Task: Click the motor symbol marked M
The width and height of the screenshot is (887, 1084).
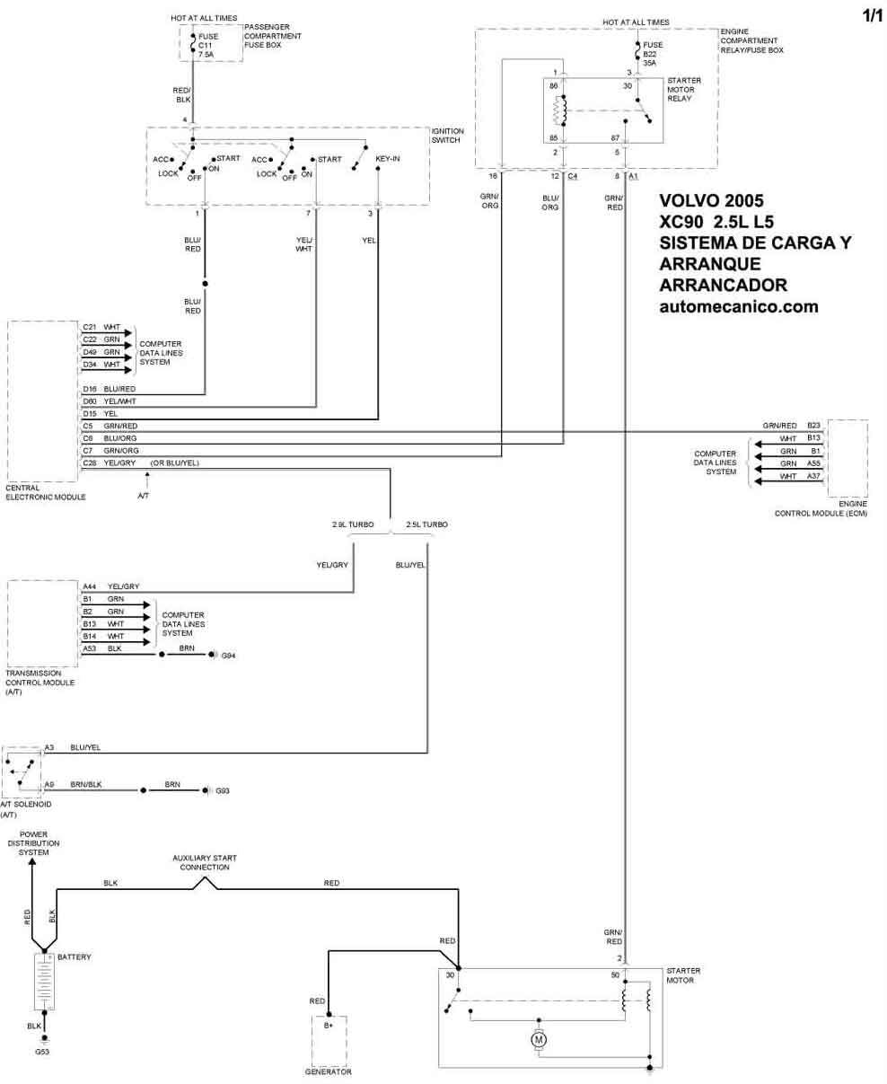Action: pyautogui.click(x=540, y=1039)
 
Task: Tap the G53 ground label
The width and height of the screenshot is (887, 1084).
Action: pyautogui.click(x=42, y=1050)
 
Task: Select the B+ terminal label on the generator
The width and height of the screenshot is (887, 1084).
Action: pyautogui.click(x=328, y=1023)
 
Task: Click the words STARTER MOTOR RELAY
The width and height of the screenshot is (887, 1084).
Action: pyautogui.click(x=683, y=89)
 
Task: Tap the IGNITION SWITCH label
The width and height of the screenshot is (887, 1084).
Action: pyautogui.click(x=447, y=136)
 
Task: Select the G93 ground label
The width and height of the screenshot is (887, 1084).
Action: pyautogui.click(x=223, y=790)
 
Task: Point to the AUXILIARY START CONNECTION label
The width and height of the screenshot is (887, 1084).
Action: pyautogui.click(x=205, y=862)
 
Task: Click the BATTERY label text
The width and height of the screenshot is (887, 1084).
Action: pyautogui.click(x=74, y=956)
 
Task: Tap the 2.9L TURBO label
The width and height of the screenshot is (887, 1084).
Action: pyautogui.click(x=352, y=524)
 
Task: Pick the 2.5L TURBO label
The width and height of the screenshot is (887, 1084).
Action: pyautogui.click(x=426, y=524)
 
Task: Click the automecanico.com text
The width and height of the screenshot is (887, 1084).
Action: pyautogui.click(x=738, y=305)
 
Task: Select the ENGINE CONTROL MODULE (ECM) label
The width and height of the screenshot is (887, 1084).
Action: pyautogui.click(x=821, y=509)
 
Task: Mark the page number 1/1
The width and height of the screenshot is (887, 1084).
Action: pyautogui.click(x=871, y=16)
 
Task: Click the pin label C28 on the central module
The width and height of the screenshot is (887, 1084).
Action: pyautogui.click(x=90, y=462)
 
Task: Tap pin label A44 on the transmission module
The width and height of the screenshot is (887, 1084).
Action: pyautogui.click(x=89, y=586)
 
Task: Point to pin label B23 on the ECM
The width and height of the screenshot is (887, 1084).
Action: pyautogui.click(x=813, y=424)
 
